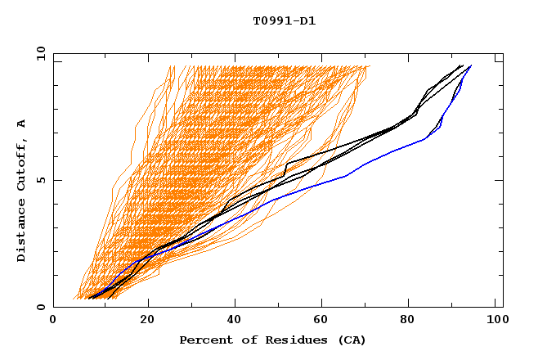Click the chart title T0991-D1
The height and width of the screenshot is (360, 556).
[x=284, y=20]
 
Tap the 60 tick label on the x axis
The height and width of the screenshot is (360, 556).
[x=325, y=322]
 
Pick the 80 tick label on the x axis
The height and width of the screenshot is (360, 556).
[x=413, y=322]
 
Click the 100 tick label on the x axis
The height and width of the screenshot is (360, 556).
[x=498, y=322]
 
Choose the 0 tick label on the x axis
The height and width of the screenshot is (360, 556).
[x=53, y=322]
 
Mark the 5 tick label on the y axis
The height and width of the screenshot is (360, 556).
[x=40, y=180]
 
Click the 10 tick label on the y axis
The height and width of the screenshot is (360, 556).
[x=38, y=53]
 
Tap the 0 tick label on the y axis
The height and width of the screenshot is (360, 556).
[x=40, y=307]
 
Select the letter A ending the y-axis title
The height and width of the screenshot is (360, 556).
[x=21, y=123]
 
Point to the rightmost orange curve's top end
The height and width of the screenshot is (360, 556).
[x=370, y=66]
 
